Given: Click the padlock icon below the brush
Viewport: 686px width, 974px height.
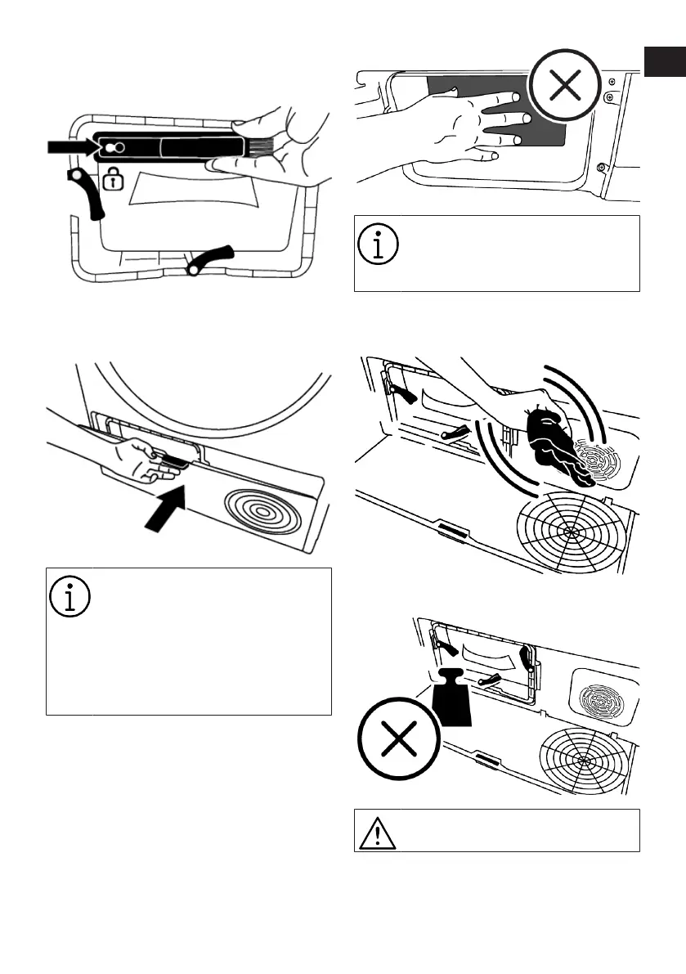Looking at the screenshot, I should point(114,179).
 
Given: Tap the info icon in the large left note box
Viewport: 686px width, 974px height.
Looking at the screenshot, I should point(71,598).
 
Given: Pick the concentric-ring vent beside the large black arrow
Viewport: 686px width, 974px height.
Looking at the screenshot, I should point(259,514).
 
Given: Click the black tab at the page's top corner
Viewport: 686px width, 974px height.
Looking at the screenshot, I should point(663,61).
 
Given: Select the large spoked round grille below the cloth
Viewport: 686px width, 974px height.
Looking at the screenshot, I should point(568,529).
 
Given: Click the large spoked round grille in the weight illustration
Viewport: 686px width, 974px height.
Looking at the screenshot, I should point(583,758).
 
